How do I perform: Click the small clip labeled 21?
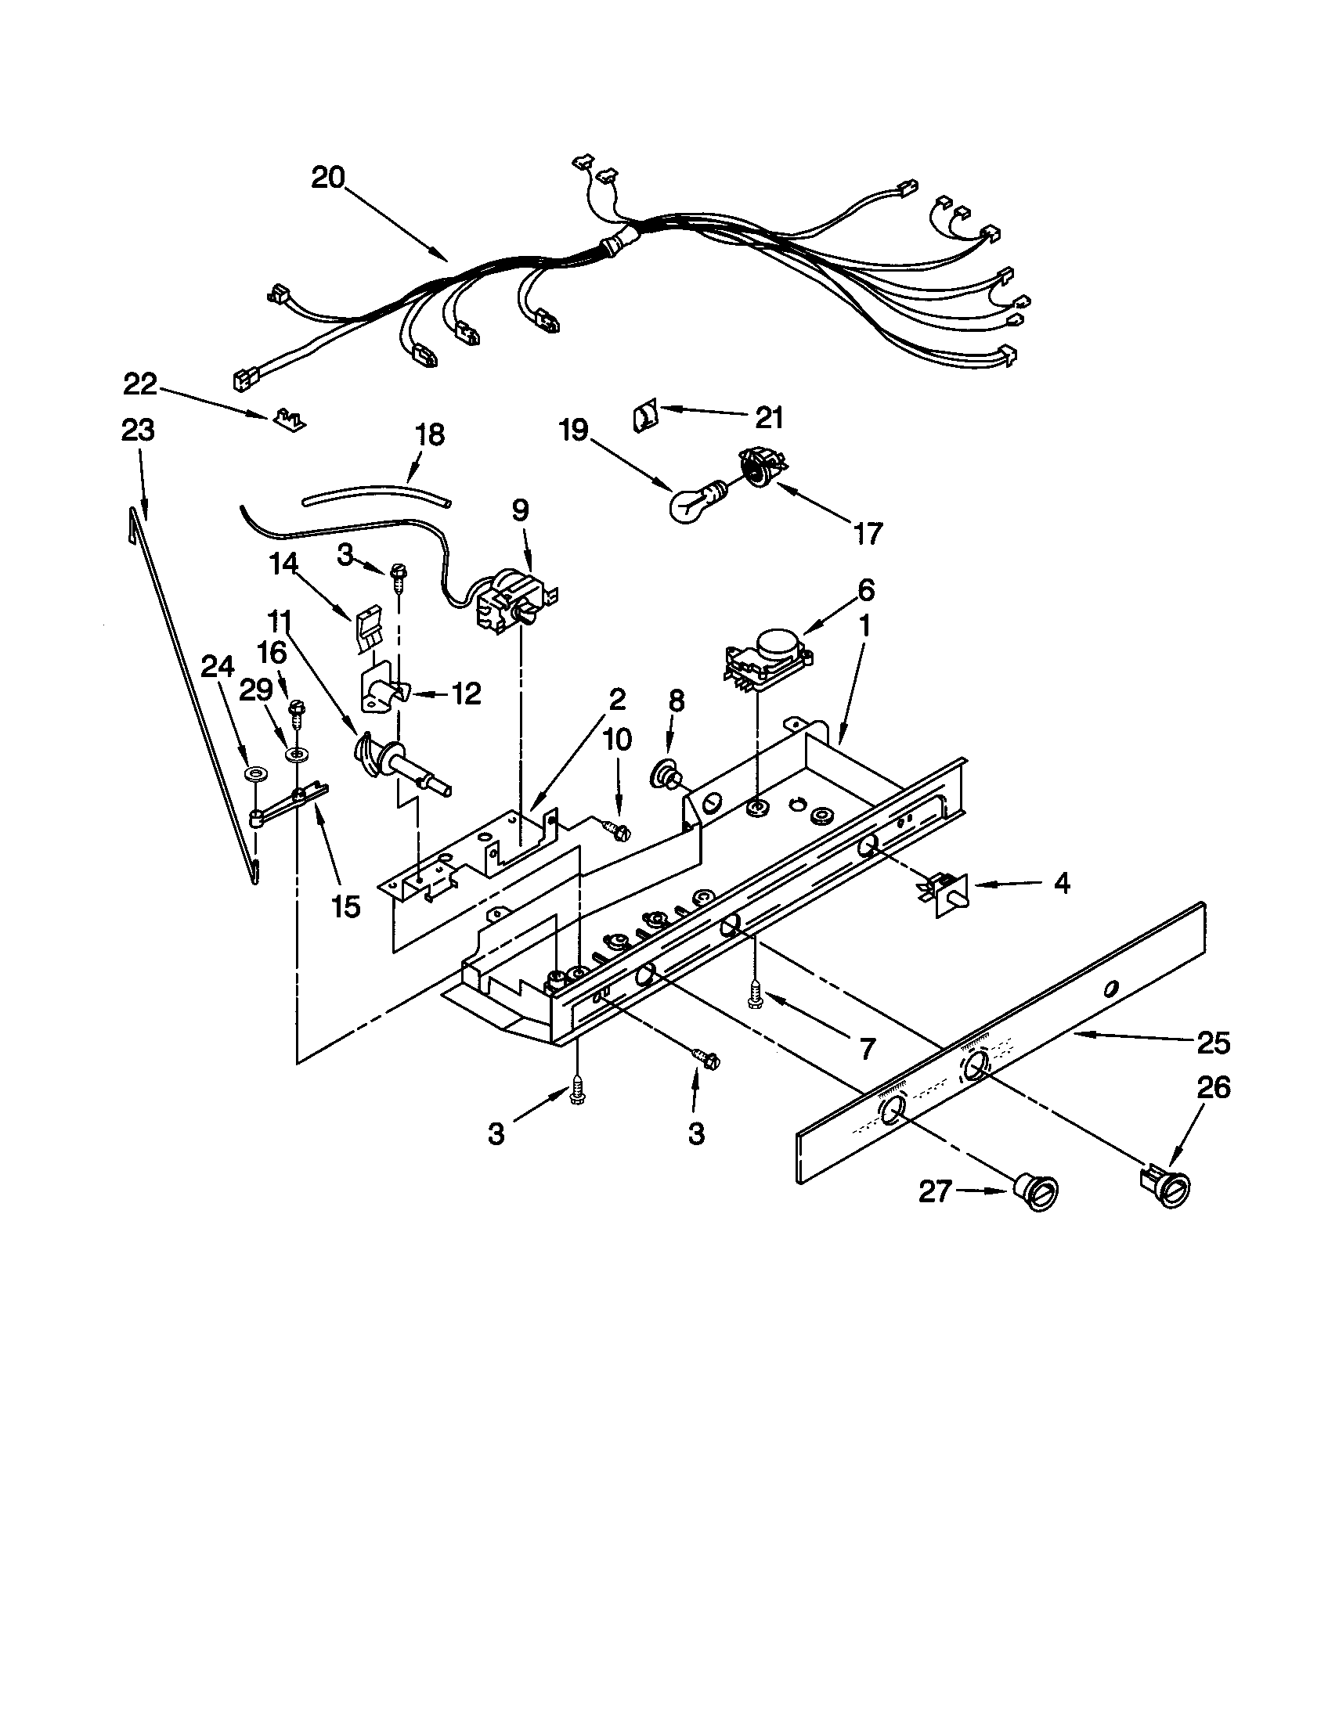(644, 415)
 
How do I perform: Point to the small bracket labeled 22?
(291, 419)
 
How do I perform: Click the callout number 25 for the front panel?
(1213, 1043)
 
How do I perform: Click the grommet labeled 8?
(666, 774)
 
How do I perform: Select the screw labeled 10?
(616, 829)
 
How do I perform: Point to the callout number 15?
(345, 906)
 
